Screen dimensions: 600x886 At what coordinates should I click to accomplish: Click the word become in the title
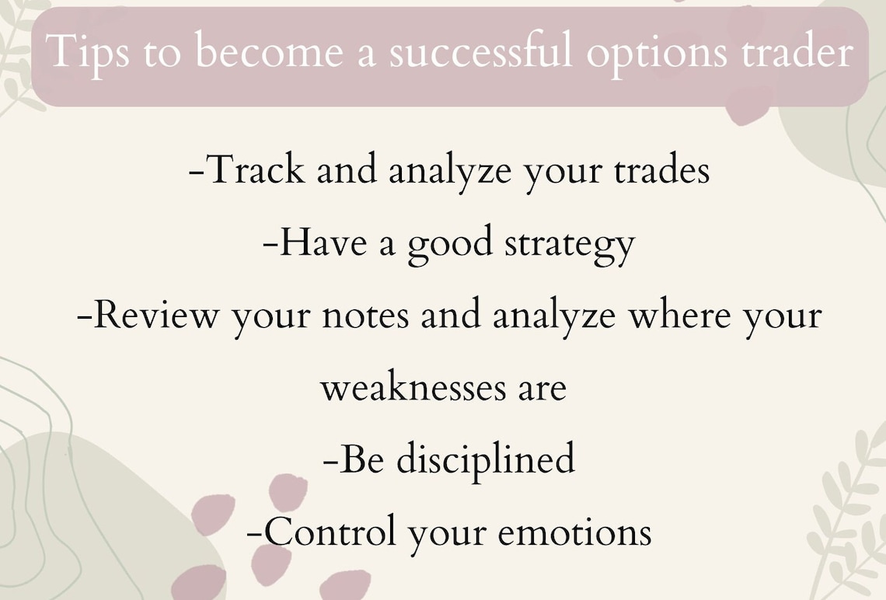(x=267, y=52)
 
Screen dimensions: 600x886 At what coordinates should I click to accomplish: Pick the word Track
(x=256, y=169)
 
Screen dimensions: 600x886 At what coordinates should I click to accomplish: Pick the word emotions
(x=574, y=533)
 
